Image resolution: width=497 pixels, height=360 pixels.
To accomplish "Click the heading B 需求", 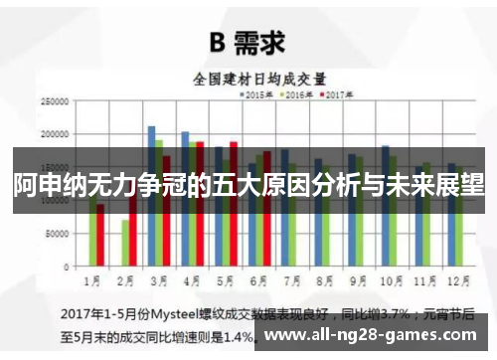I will pyautogui.click(x=248, y=42).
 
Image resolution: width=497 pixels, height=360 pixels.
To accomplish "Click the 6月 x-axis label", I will pyautogui.click(x=257, y=279).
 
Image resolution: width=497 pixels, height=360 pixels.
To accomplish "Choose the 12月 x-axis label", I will pyautogui.click(x=456, y=279).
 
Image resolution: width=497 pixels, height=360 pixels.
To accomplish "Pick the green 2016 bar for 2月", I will pyautogui.click(x=125, y=244).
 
